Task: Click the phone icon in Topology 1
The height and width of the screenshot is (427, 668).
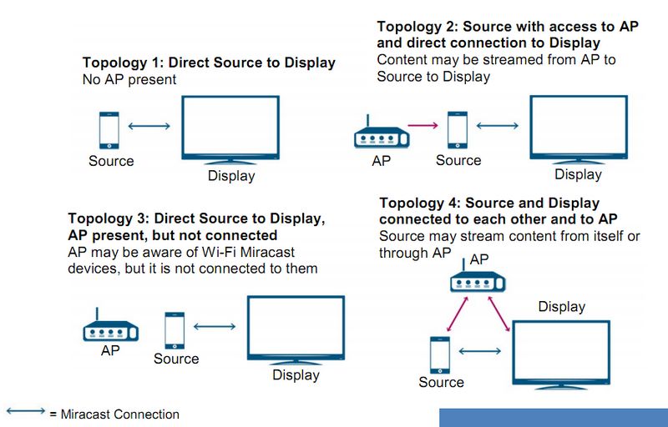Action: pyautogui.click(x=109, y=129)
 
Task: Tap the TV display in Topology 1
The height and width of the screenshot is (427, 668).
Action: pyautogui.click(x=230, y=129)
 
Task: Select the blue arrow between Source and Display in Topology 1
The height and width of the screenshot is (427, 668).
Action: pyautogui.click(x=151, y=127)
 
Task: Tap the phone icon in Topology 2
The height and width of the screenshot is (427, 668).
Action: pyautogui.click(x=457, y=130)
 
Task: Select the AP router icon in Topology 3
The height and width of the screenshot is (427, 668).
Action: pyautogui.click(x=110, y=329)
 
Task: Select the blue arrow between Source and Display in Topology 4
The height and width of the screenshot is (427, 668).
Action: pyautogui.click(x=474, y=351)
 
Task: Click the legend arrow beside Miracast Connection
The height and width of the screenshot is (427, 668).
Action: pyautogui.click(x=25, y=412)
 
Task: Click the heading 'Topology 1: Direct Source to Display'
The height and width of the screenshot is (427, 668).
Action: pyautogui.click(x=208, y=63)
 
